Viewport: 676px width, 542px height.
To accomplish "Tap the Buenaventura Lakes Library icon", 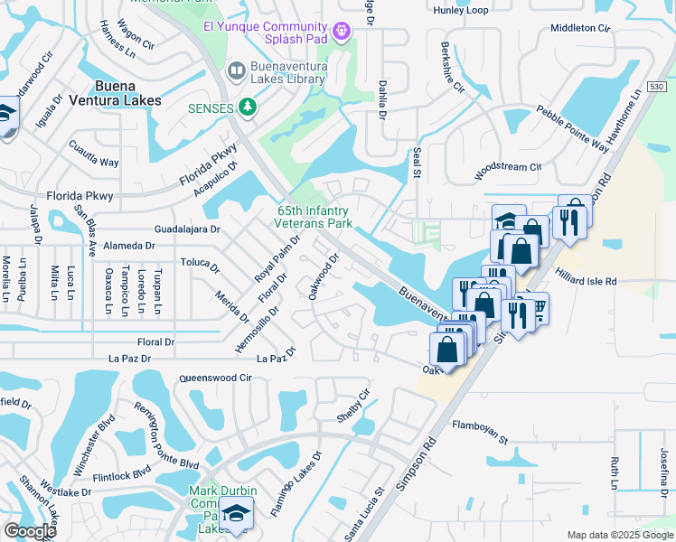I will click(237, 70).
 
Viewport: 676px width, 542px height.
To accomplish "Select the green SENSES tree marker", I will click(246, 108).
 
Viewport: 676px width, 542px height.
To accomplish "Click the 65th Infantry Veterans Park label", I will click(314, 217).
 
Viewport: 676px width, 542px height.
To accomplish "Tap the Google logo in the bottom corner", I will click(30, 531).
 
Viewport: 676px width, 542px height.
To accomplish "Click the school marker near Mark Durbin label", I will click(236, 513).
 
